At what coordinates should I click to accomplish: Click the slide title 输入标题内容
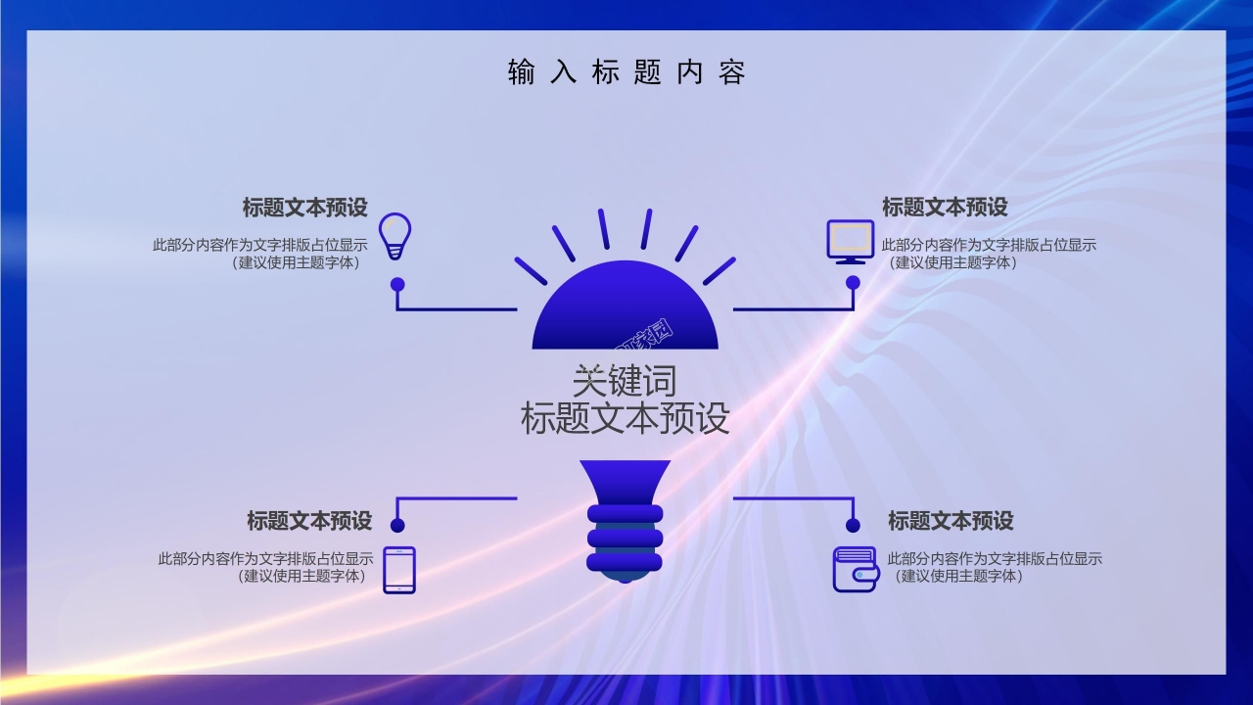point(626,72)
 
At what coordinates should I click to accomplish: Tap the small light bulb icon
point(394,236)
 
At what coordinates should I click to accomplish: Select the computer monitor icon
point(850,241)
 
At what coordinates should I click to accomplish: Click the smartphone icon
point(398,570)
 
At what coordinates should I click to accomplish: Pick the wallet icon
point(855,570)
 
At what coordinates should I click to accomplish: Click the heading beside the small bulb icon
point(304,208)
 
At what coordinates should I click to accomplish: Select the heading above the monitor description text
point(944,208)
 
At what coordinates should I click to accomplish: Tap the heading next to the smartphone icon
point(308,521)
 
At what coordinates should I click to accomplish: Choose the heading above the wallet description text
point(950,521)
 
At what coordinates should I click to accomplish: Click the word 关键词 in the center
point(625,381)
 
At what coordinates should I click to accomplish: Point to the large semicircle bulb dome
point(625,313)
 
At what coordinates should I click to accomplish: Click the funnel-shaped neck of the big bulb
point(625,481)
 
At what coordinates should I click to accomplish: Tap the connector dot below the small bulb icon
point(397,284)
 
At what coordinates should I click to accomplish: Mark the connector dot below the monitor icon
point(853,283)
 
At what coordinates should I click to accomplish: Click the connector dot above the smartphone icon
point(397,526)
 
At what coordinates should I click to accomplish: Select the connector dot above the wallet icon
point(853,526)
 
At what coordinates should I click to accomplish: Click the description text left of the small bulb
point(259,254)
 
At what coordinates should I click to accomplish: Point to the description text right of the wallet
point(994,567)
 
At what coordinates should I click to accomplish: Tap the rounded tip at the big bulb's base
point(625,577)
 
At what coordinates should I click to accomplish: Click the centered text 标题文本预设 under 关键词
point(625,419)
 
